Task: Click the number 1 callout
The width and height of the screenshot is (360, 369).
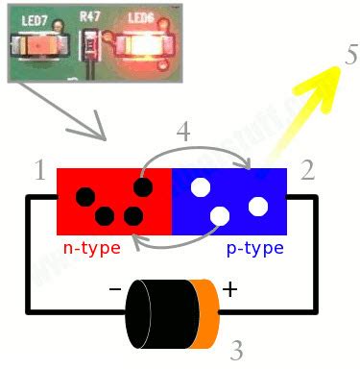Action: tap(39, 171)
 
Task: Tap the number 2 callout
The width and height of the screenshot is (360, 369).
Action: tap(307, 171)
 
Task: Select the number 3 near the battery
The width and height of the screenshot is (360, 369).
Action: tap(236, 349)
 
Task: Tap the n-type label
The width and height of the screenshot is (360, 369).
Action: tap(91, 249)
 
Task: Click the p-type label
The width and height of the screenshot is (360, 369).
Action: tap(254, 249)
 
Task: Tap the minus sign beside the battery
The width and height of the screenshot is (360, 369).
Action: tap(114, 288)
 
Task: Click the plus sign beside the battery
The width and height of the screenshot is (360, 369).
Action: tap(230, 288)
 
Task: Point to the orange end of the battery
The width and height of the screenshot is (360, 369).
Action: tap(204, 314)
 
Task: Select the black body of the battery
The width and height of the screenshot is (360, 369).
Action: tap(158, 314)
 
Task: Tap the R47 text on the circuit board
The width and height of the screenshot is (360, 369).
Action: tap(90, 17)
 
